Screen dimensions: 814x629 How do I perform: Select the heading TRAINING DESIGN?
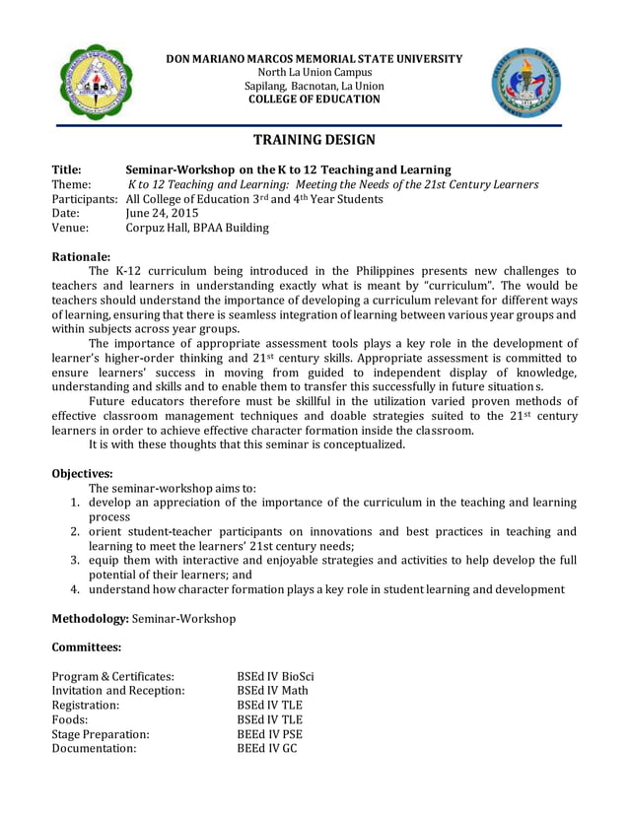(x=314, y=142)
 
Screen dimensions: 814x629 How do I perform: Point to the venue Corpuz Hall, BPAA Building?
(x=198, y=229)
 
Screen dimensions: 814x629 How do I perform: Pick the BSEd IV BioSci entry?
(x=275, y=677)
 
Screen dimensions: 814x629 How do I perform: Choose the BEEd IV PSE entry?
(x=269, y=733)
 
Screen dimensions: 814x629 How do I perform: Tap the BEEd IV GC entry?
(x=266, y=748)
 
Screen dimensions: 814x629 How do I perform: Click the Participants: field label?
(x=86, y=200)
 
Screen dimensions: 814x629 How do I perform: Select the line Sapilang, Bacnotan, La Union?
(x=314, y=86)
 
